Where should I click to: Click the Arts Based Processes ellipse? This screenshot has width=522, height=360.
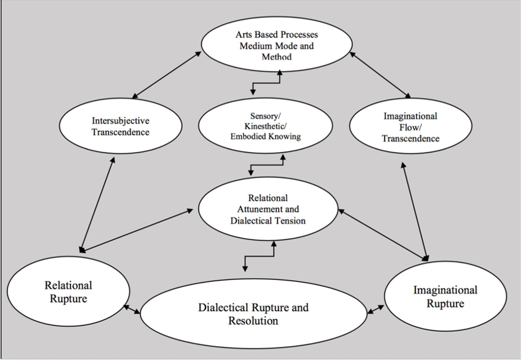(277, 45)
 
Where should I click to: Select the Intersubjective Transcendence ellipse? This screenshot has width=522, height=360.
(121, 126)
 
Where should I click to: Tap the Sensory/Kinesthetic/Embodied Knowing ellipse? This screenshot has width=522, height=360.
(265, 126)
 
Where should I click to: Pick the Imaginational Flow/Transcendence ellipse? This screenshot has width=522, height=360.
(410, 126)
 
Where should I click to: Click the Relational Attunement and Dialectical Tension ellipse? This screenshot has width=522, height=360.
(268, 209)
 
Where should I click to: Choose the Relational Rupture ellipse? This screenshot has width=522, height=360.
(68, 292)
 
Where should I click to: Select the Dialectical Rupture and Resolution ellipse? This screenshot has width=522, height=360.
(254, 314)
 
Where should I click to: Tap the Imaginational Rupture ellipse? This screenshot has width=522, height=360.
(445, 297)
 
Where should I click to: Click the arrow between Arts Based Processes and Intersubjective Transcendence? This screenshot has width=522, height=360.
(167, 75)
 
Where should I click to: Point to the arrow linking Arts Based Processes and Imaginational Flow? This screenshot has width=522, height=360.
(380, 75)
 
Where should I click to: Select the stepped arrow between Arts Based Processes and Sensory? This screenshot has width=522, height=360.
(267, 82)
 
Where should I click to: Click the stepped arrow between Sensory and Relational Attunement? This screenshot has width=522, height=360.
(267, 164)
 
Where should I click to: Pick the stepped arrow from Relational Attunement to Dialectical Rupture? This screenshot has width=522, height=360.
(260, 256)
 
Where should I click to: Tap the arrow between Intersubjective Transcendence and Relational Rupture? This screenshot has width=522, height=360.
(97, 204)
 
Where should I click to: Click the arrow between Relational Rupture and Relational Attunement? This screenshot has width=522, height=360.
(136, 229)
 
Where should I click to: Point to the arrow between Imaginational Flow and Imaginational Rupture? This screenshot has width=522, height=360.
(415, 211)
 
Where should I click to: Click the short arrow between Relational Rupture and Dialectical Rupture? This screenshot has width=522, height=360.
(132, 309)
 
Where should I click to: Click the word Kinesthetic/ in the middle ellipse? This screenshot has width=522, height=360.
(265, 126)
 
